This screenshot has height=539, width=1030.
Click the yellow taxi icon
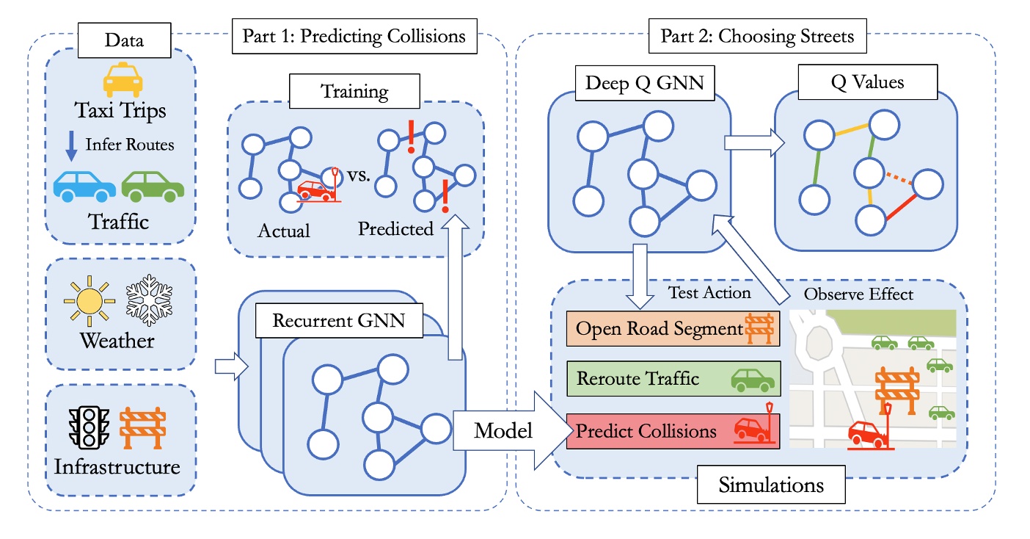pyautogui.click(x=120, y=80)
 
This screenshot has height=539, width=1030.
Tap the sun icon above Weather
pyautogui.click(x=89, y=302)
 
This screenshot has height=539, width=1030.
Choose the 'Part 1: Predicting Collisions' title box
pyautogui.click(x=354, y=35)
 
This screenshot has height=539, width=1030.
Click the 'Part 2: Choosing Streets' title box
pyautogui.click(x=757, y=35)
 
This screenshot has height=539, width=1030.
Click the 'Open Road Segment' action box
pyautogui.click(x=673, y=329)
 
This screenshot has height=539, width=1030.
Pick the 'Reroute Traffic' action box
pyautogui.click(x=673, y=380)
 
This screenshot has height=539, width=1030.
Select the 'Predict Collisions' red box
pyautogui.click(x=673, y=430)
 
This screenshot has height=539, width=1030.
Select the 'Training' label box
pyautogui.click(x=355, y=92)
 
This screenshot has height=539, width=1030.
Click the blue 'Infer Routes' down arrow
pyautogui.click(x=70, y=145)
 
